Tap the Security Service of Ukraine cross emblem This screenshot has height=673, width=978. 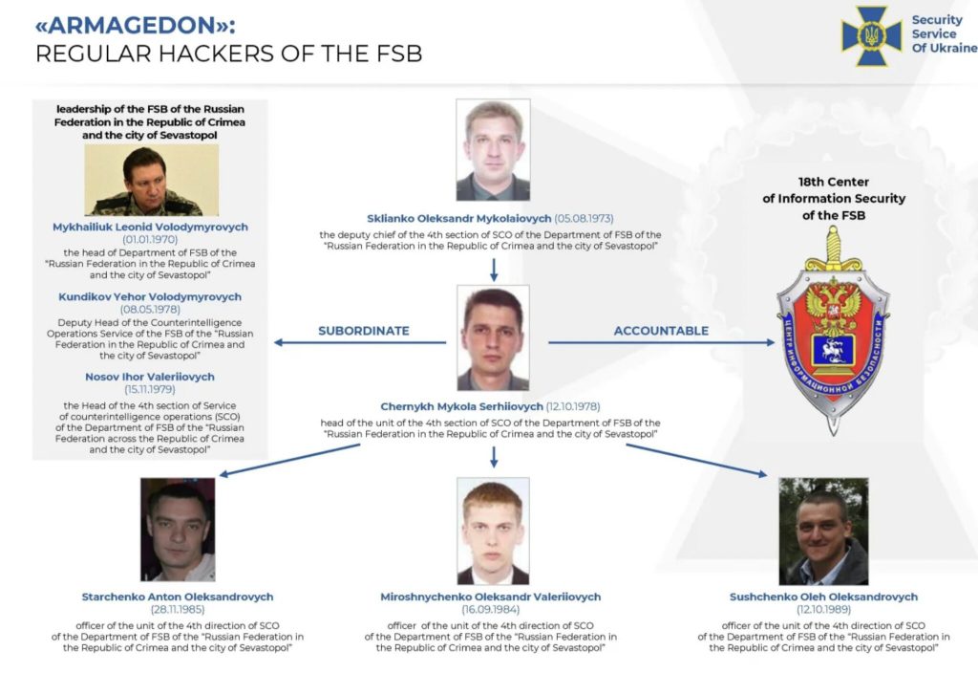coord(871,35)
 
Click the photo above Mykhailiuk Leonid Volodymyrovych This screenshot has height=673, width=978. coord(152,180)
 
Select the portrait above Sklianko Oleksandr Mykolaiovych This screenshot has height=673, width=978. coord(493,150)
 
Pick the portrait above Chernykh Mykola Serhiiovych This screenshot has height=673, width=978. coord(493,337)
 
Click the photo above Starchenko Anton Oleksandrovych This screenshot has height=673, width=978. coord(178,530)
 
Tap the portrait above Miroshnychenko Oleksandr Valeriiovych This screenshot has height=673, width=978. coord(493,531)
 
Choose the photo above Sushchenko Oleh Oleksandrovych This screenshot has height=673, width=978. coord(823,532)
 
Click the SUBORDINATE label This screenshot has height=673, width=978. coord(364,331)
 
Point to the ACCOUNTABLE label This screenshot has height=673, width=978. coord(661,331)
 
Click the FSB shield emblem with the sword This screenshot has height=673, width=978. coord(833,331)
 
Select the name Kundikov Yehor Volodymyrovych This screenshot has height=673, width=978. coord(150,297)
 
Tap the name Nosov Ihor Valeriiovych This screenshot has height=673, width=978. coord(150,377)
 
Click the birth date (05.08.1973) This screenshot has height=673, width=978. coord(584,219)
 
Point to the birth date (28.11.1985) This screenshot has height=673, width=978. coord(178,609)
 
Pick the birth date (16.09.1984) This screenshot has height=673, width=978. coord(491,609)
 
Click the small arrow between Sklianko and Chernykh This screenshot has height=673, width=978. coord(494,270)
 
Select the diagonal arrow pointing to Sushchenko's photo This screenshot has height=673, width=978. coord(696,460)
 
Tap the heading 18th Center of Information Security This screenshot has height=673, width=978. coord(834,199)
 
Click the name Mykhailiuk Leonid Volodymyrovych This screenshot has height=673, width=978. coord(150,228)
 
